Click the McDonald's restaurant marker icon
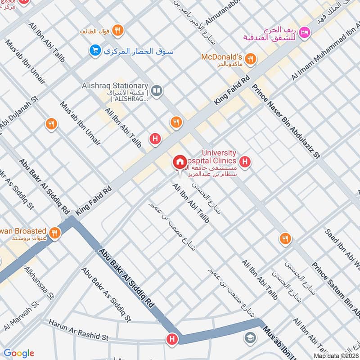(251, 58)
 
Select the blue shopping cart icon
(94, 50)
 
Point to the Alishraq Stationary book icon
(156, 91)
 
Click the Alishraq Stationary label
(115, 86)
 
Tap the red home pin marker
(180, 162)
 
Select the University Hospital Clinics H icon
(245, 161)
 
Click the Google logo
(18, 353)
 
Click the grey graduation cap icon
(249, 337)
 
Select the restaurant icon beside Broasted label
(55, 232)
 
